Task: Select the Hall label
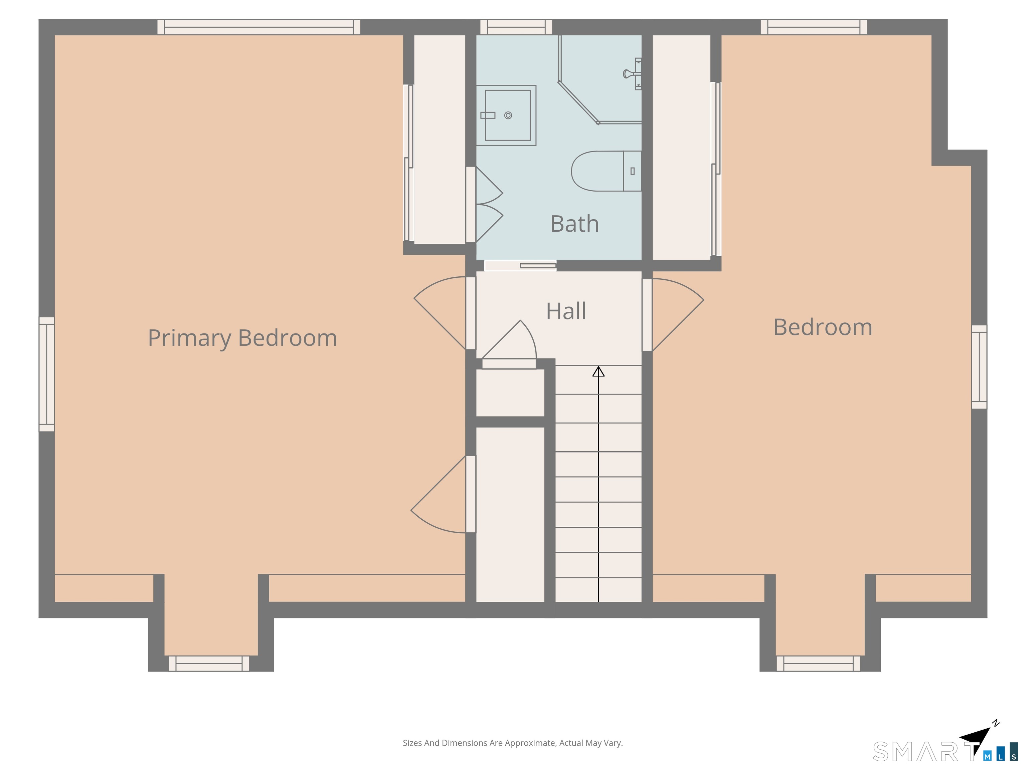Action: [x=566, y=311]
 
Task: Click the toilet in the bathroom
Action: [x=606, y=171]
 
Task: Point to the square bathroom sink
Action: [x=506, y=115]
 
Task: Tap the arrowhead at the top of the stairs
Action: [x=598, y=371]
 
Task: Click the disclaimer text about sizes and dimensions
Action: [x=513, y=743]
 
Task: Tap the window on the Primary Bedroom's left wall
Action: [x=46, y=374]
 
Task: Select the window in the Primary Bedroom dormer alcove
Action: [x=209, y=663]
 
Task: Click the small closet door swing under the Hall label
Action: [x=509, y=340]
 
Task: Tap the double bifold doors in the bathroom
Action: [x=489, y=204]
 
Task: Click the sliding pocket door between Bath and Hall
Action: [x=520, y=266]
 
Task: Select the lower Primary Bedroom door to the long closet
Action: [x=438, y=494]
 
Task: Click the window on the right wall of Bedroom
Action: [x=979, y=367]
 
